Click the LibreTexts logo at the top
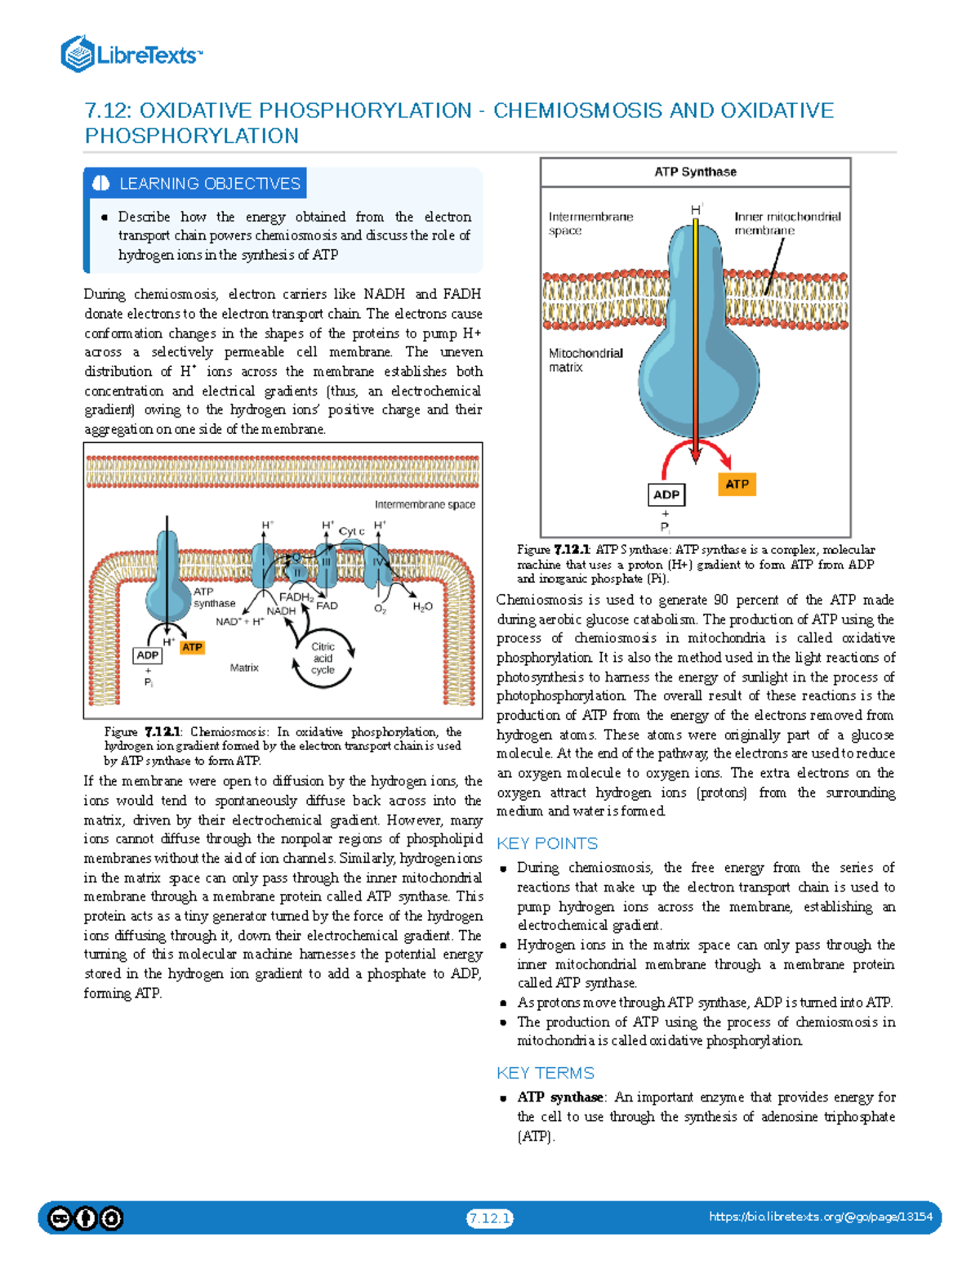tap(132, 54)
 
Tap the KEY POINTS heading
tap(547, 843)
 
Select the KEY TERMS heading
tap(546, 1073)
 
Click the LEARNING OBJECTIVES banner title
tap(210, 183)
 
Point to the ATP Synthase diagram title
tap(695, 172)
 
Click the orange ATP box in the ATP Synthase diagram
tap(737, 484)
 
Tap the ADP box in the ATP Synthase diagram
tap(666, 494)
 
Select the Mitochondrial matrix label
tap(586, 360)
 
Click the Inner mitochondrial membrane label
tap(787, 223)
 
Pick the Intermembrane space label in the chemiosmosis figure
tap(425, 504)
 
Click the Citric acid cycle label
tap(323, 658)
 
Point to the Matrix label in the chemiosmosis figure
tap(244, 668)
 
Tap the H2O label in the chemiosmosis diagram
tap(422, 607)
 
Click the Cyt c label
tap(351, 531)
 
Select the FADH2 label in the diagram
tap(296, 597)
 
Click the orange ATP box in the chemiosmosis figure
tap(192, 647)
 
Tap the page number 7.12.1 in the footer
tap(490, 1218)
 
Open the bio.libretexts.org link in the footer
tap(821, 1217)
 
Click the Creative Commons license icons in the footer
tap(85, 1219)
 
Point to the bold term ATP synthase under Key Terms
tap(559, 1097)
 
